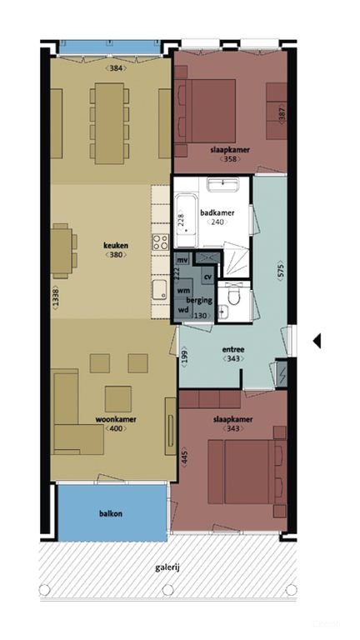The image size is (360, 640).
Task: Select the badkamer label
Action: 217,213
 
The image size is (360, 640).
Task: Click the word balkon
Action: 111,514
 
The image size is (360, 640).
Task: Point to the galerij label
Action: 167,567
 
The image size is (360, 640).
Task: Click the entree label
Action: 233,350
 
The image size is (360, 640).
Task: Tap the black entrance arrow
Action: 317,341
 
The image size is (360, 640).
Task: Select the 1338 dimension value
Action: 55,297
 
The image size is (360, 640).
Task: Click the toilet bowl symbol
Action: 234,296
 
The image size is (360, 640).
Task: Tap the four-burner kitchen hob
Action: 160,241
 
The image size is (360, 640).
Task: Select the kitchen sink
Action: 160,290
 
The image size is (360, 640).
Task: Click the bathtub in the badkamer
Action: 187,222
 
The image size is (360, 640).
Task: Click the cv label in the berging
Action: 207,277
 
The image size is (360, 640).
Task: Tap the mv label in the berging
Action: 183,260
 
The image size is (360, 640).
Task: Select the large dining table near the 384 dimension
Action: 109,123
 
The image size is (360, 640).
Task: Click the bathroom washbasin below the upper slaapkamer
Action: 222,184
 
